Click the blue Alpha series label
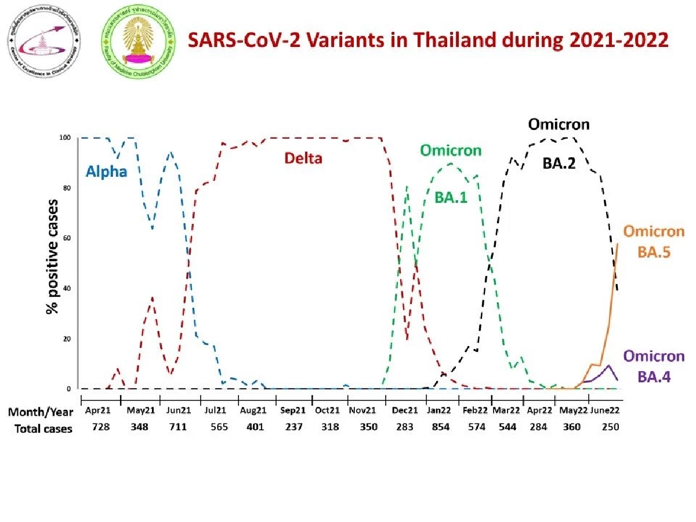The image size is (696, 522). (107, 172)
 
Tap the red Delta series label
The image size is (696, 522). (303, 158)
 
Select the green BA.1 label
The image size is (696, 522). (451, 197)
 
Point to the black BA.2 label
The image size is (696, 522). (559, 164)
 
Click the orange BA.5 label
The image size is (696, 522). (654, 252)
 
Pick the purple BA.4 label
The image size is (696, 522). (654, 377)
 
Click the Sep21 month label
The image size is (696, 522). (292, 411)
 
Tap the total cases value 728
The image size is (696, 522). (97, 428)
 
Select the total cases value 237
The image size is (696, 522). (292, 428)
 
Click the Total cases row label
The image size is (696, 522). (40, 429)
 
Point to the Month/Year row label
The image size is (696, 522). (41, 411)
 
